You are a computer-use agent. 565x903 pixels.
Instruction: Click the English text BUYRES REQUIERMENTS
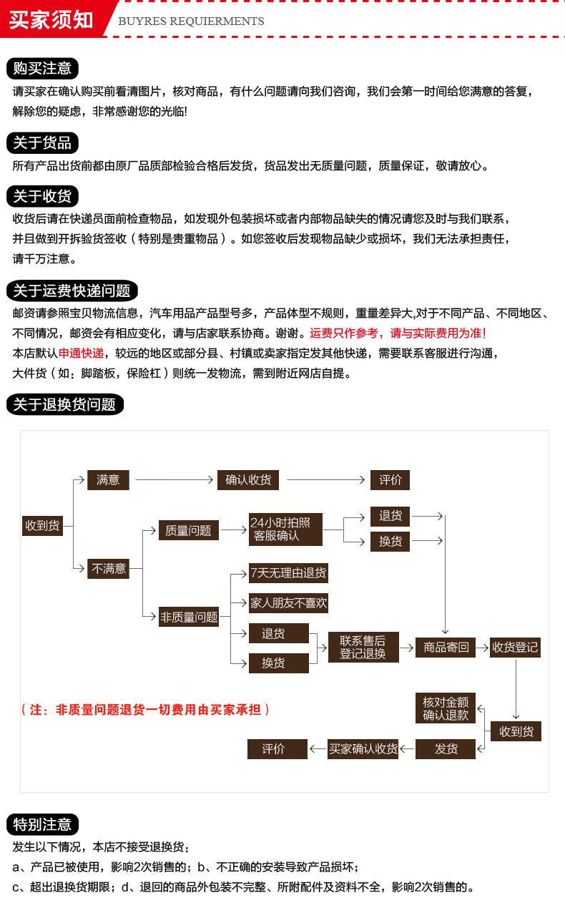tap(191, 21)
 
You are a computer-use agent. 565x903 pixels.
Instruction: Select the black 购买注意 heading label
tap(42, 69)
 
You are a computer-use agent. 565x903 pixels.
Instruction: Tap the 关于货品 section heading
tap(42, 143)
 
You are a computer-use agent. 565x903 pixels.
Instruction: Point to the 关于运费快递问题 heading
tap(72, 291)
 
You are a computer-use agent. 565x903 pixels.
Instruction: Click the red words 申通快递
tap(81, 353)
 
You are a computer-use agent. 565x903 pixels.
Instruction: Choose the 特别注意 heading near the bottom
tap(42, 824)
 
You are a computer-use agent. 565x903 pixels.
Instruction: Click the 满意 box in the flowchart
tap(108, 480)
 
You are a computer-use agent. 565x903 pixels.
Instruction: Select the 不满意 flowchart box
tap(108, 569)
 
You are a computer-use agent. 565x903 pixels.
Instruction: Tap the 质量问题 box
tap(188, 531)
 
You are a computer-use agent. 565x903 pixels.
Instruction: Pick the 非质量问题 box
tap(188, 617)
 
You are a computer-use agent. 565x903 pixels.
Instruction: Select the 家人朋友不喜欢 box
tap(288, 603)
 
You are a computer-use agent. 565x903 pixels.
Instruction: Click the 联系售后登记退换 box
tap(363, 647)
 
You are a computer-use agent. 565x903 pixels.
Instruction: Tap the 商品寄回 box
tap(446, 648)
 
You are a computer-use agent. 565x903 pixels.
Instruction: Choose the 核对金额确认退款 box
tap(446, 708)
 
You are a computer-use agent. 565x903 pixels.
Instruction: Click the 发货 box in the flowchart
tap(446, 749)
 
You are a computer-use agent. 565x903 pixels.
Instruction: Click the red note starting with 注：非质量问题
tap(146, 710)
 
